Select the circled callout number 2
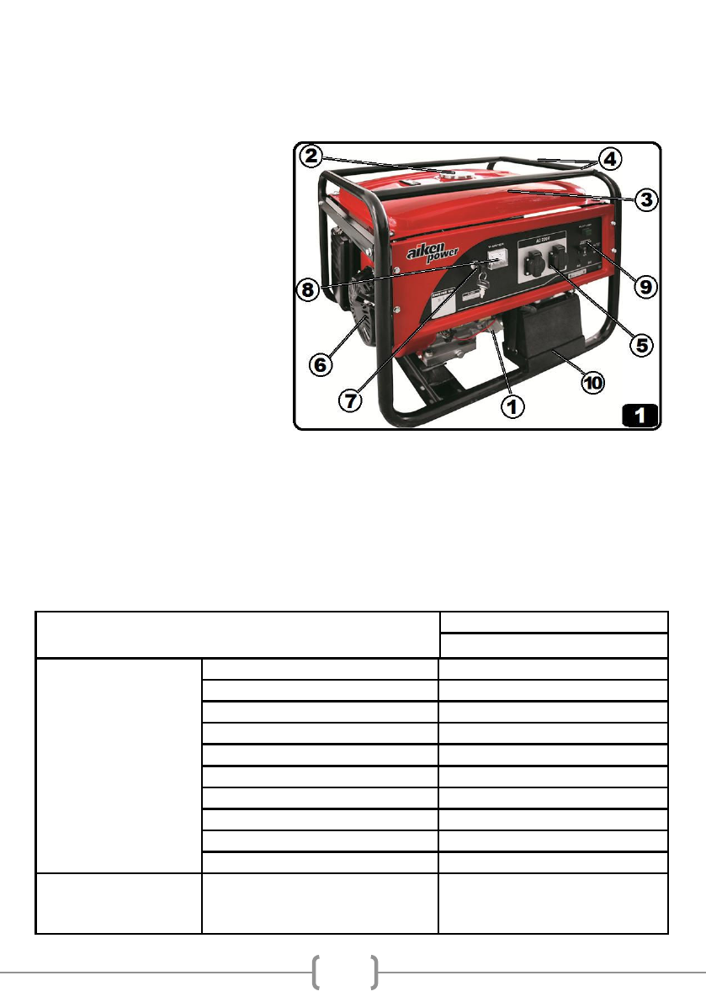pos(311,156)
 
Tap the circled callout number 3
pos(644,199)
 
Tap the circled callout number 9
pos(644,286)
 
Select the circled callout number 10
pos(593,383)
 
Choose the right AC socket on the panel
pos(560,262)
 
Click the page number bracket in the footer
pos(344,972)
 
